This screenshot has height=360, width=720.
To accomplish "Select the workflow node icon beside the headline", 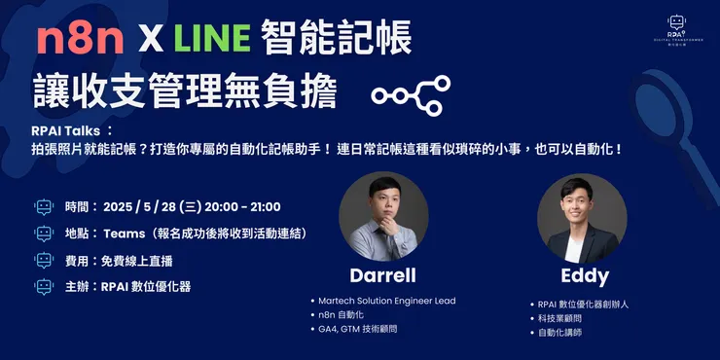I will (x=411, y=94).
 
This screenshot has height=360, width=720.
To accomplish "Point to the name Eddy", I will (x=584, y=275).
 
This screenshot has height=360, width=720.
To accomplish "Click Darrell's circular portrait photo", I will (x=383, y=216).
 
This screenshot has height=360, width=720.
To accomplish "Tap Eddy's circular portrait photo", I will (x=582, y=217).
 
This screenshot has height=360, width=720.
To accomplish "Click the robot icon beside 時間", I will (x=43, y=206).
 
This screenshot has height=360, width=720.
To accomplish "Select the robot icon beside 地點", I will (x=43, y=234).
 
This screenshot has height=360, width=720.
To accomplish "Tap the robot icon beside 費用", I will (x=43, y=261).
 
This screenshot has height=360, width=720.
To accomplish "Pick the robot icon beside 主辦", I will (x=43, y=287).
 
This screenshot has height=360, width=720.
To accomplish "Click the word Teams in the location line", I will (x=124, y=234).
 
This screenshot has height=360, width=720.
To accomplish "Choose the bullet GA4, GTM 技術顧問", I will (x=359, y=330).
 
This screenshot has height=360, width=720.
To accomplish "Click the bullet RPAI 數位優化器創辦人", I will (x=583, y=304).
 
